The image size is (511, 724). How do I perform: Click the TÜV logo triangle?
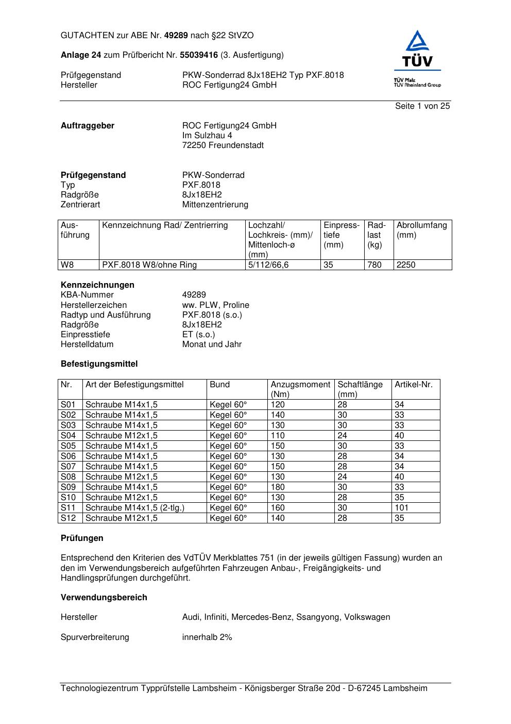(417, 42)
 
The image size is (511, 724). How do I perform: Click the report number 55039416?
(199, 55)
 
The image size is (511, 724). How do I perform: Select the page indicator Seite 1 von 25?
(422, 106)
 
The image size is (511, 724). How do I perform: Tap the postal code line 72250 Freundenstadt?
(223, 145)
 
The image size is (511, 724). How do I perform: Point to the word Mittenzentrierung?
(215, 205)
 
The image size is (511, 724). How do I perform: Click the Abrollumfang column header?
(421, 225)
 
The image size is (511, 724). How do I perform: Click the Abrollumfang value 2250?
(405, 265)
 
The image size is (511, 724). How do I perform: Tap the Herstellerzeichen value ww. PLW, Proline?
(215, 305)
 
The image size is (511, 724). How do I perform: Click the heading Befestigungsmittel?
(99, 364)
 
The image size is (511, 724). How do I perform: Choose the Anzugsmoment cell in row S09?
(278, 487)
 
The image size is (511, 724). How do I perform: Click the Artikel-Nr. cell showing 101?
(401, 508)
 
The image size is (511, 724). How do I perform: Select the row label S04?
(68, 436)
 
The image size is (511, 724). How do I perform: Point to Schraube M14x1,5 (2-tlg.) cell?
(134, 508)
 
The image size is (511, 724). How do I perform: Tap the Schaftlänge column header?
(360, 385)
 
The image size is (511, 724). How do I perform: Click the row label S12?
(68, 518)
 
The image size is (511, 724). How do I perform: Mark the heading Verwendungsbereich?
(104, 598)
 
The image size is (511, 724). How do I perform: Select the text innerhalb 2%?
(207, 637)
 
